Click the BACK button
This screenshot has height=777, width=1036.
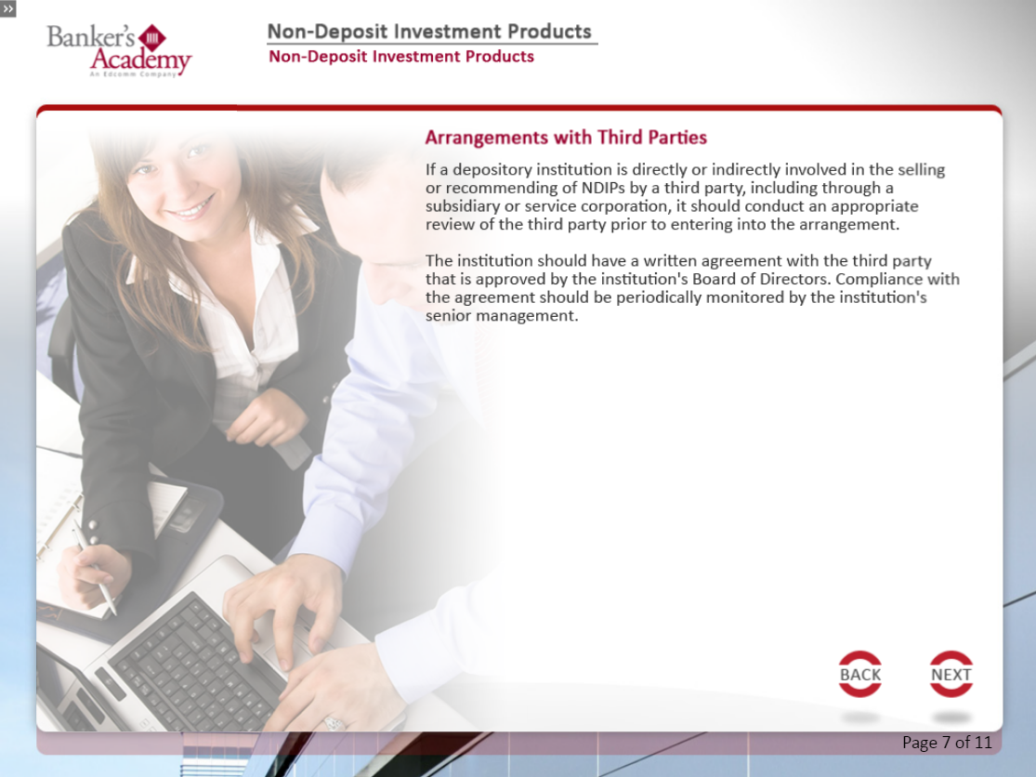(859, 674)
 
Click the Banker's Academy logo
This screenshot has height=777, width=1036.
(119, 50)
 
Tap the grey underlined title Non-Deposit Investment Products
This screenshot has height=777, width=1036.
(429, 32)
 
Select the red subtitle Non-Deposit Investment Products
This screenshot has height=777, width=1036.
(401, 56)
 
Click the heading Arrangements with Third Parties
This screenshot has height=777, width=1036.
(566, 138)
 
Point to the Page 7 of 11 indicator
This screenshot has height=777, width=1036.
(947, 743)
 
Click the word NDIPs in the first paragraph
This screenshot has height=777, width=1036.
(603, 188)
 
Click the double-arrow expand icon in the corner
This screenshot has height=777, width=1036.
(8, 8)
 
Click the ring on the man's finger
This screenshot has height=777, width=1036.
(334, 723)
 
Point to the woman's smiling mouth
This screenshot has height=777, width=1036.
(191, 209)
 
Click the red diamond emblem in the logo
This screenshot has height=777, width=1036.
(152, 38)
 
